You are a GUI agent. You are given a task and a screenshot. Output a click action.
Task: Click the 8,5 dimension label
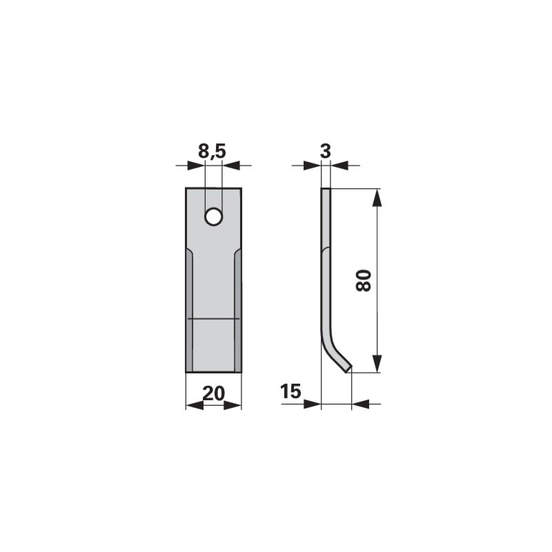click(x=212, y=151)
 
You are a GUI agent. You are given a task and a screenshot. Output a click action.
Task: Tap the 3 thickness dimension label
click(x=326, y=151)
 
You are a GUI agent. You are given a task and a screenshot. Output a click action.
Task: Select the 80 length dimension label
click(x=364, y=280)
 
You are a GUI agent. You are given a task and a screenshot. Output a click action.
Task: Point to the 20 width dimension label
click(x=213, y=393)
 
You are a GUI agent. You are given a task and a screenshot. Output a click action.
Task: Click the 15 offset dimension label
click(x=290, y=391)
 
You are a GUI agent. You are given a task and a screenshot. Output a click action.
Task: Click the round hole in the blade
click(x=213, y=217)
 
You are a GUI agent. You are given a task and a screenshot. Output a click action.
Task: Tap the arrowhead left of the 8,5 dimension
click(x=196, y=165)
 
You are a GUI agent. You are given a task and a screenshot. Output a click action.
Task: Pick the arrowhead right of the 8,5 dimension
click(x=231, y=165)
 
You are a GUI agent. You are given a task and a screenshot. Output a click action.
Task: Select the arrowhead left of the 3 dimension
click(x=313, y=165)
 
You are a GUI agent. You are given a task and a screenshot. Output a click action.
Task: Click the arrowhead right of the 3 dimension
click(x=339, y=165)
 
